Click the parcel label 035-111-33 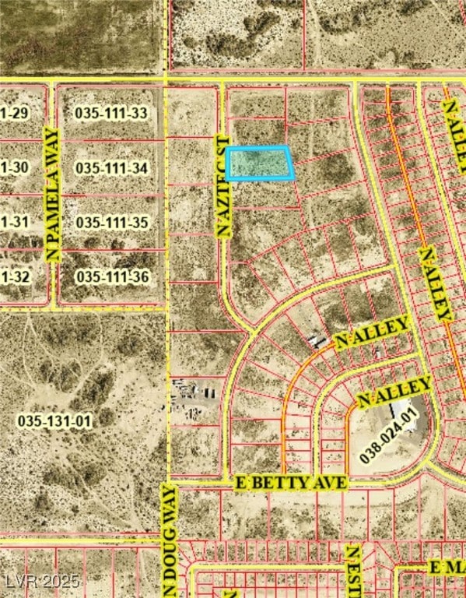pos(111,113)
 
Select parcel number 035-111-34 pos(111,167)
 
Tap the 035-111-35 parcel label pos(111,223)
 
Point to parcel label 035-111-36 pos(111,276)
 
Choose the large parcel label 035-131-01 pos(54,421)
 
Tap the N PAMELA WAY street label pos(53,194)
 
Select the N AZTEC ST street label pos(223,185)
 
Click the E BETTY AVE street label pos(290,484)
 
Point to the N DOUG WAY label pos(169,539)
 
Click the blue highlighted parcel pos(260,164)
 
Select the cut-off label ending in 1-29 pos(15,113)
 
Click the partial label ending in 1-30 pos(15,167)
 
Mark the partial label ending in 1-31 pos(15,223)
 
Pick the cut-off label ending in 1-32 pos(15,276)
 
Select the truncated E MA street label pos(447,568)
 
